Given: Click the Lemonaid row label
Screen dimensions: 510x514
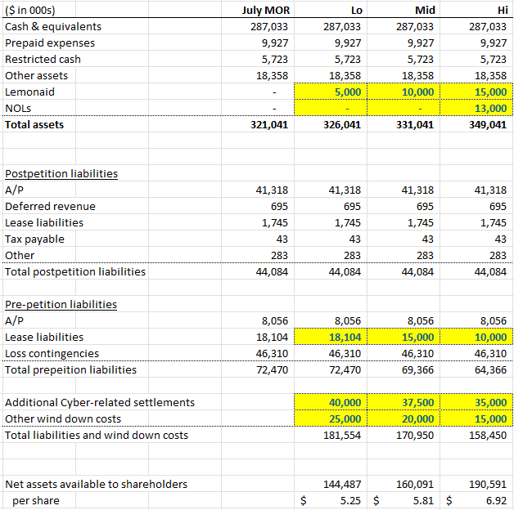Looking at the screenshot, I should click(x=30, y=92).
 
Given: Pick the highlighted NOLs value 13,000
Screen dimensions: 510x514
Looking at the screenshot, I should click(x=490, y=108).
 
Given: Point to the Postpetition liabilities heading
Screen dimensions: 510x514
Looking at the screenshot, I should click(x=61, y=173).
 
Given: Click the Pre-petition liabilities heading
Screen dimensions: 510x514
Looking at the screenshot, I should click(x=61, y=304).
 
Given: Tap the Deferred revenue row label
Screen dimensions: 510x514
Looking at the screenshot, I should click(x=50, y=206).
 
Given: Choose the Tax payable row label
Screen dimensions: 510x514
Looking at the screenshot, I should click(x=34, y=239).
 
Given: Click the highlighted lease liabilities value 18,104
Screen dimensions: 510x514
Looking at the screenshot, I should click(x=345, y=337).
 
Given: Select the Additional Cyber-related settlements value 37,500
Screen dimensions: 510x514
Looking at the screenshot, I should click(x=417, y=402).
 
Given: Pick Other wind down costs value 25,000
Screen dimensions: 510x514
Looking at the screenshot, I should click(x=345, y=418).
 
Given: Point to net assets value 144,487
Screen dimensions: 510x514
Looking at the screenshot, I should click(x=344, y=484).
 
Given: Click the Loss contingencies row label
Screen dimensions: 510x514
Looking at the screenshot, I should click(x=52, y=353).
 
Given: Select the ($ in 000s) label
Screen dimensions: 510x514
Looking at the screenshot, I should click(x=36, y=10).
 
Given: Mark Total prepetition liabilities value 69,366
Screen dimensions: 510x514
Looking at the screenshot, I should click(x=417, y=369).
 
